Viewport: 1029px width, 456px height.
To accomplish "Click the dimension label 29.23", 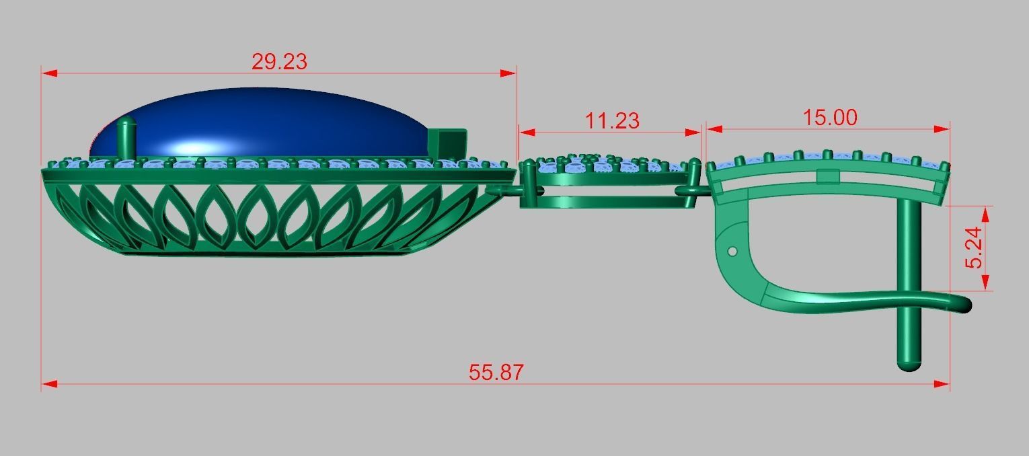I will coord(279,61).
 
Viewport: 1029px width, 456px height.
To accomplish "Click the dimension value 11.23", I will coord(611,121).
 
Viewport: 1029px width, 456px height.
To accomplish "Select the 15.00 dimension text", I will coord(830,118).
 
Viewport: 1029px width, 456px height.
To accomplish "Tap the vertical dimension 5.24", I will coord(973,248).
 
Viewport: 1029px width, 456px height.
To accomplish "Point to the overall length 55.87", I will coord(496,373).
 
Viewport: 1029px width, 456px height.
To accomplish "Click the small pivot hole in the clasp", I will coord(732,252).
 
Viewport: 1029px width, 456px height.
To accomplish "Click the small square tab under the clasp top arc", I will coord(829,177).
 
